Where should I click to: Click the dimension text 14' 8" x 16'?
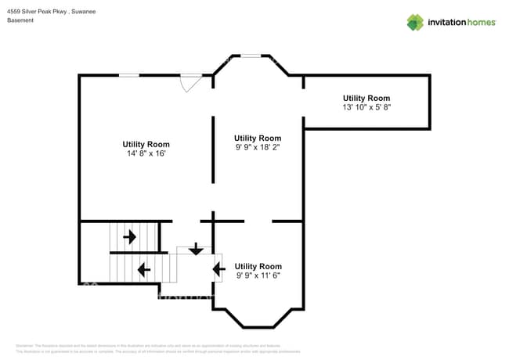click(x=146, y=154)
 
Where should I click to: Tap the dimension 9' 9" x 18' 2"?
click(x=258, y=147)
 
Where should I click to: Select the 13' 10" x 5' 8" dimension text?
click(x=366, y=107)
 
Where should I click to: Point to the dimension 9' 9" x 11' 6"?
click(x=258, y=275)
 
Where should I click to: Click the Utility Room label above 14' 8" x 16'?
click(x=146, y=144)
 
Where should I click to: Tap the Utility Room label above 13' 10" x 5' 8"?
click(x=366, y=98)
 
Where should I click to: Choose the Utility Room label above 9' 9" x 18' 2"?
click(x=258, y=138)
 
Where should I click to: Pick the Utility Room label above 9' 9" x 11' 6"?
click(x=258, y=266)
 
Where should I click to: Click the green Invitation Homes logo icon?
click(x=415, y=22)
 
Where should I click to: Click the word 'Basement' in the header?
click(x=20, y=20)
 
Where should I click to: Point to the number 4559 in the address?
click(x=14, y=11)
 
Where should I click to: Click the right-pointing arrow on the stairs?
click(x=129, y=235)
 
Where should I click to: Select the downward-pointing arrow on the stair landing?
click(x=195, y=249)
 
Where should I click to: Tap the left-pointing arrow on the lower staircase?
click(x=143, y=270)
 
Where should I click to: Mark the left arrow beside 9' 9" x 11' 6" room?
click(x=218, y=269)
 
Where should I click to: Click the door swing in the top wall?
click(x=190, y=82)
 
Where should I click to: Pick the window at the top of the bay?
click(x=251, y=56)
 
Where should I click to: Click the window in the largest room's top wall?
click(x=129, y=75)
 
